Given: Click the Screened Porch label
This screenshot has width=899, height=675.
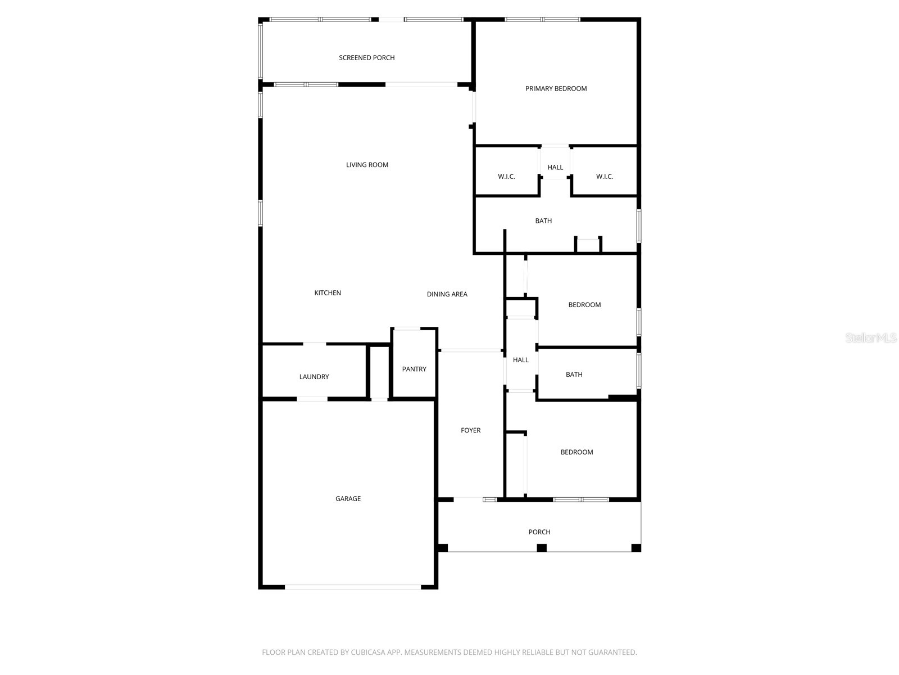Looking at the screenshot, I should pyautogui.click(x=366, y=57).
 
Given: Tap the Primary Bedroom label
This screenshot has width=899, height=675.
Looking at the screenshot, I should pyautogui.click(x=556, y=88).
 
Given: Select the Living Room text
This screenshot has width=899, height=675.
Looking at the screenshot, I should pyautogui.click(x=367, y=165).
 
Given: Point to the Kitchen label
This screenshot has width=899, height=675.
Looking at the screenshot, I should pyautogui.click(x=328, y=292).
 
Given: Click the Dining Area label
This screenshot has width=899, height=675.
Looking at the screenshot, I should pyautogui.click(x=447, y=294).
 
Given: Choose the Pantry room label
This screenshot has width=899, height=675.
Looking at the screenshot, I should pyautogui.click(x=414, y=369).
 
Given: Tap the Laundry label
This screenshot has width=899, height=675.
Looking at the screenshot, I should pyautogui.click(x=314, y=377).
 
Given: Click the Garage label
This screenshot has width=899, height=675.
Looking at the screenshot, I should pyautogui.click(x=348, y=498).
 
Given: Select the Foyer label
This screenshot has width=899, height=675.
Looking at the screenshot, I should pyautogui.click(x=470, y=430).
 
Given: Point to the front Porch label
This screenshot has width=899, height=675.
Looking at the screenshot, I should pyautogui.click(x=539, y=532).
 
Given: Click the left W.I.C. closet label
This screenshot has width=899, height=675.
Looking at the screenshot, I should pyautogui.click(x=506, y=177).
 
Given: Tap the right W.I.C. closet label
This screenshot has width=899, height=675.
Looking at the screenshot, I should pyautogui.click(x=605, y=177).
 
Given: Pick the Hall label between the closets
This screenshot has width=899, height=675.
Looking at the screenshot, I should pyautogui.click(x=555, y=167).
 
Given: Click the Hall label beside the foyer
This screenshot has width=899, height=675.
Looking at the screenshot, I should pyautogui.click(x=520, y=360).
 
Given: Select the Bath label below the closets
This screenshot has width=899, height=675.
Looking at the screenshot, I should pyautogui.click(x=543, y=221).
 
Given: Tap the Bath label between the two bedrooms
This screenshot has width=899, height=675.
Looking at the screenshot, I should pyautogui.click(x=574, y=375).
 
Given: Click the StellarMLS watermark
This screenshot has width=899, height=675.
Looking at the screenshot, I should pyautogui.click(x=871, y=338).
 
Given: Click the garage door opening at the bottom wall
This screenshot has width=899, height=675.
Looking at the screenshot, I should pyautogui.click(x=353, y=587).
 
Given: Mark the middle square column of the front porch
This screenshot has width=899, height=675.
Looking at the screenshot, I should pyautogui.click(x=542, y=547).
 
